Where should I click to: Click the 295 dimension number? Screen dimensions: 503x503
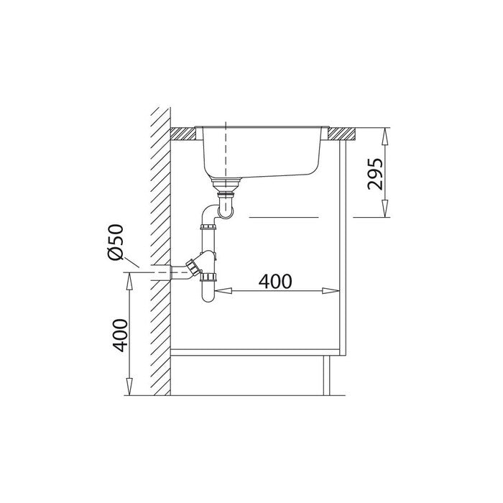pyautogui.click(x=375, y=174)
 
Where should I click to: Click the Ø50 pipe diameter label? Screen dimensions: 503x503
pyautogui.click(x=116, y=242)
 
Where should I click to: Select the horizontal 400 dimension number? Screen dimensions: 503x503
pyautogui.click(x=275, y=282)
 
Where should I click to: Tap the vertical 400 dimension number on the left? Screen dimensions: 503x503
pyautogui.click(x=120, y=336)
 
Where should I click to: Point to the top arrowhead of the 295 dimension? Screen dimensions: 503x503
pyautogui.click(x=385, y=137)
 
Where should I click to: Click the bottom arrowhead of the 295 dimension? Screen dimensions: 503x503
pyautogui.click(x=385, y=208)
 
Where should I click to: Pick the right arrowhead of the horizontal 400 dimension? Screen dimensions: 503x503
pyautogui.click(x=331, y=291)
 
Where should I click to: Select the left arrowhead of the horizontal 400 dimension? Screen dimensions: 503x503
pyautogui.click(x=223, y=290)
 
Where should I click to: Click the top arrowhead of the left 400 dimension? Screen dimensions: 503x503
pyautogui.click(x=129, y=282)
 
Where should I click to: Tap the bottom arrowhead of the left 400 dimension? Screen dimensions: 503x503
pyautogui.click(x=129, y=387)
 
